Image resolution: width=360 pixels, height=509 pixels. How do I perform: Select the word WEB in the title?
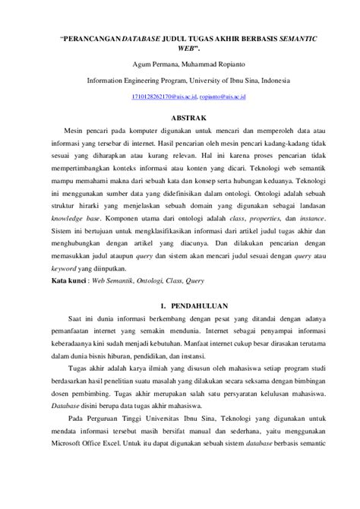coord(179,47)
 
